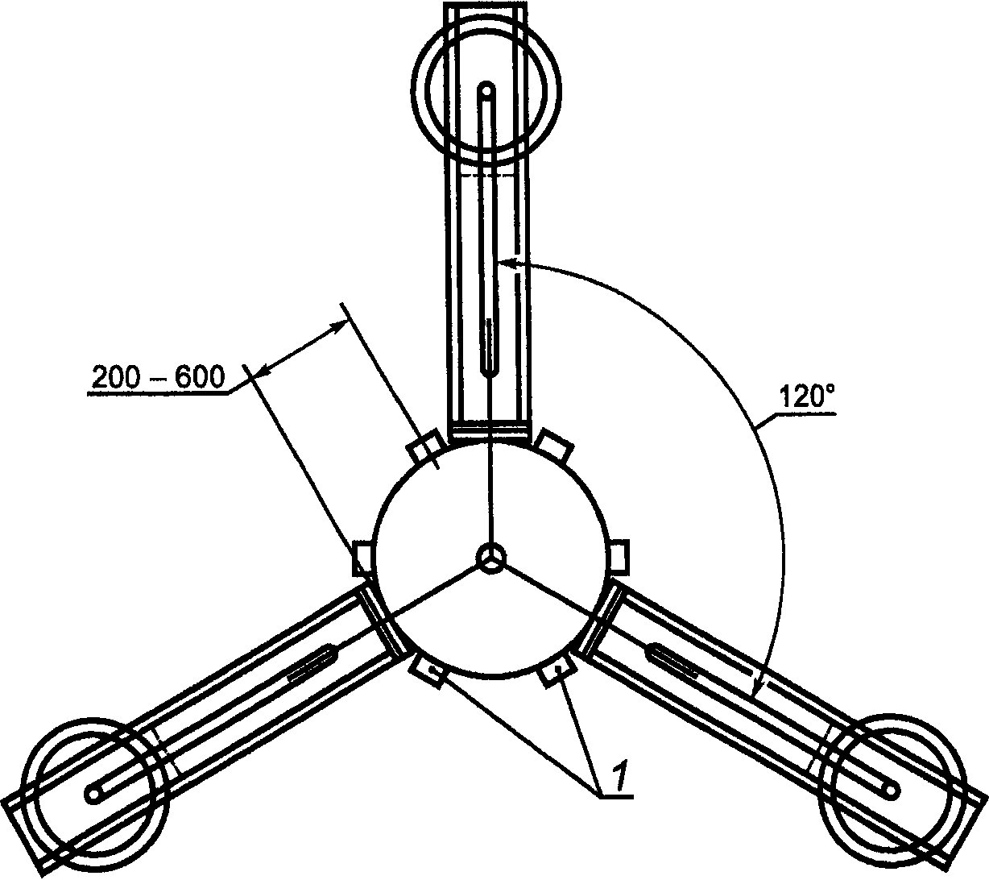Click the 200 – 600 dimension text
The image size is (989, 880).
(158, 377)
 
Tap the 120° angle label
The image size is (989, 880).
(808, 396)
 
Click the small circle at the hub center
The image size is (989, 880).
(491, 558)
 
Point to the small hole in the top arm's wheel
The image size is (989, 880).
(486, 91)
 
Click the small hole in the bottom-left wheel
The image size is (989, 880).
(93, 795)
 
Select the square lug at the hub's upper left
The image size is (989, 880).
(426, 446)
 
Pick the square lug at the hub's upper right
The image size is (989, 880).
(555, 444)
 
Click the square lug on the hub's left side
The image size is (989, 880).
(363, 558)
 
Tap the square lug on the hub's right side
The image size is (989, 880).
(619, 556)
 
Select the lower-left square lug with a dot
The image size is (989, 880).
(427, 672)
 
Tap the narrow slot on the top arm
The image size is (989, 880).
(489, 348)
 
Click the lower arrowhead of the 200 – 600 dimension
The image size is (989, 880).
(263, 371)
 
